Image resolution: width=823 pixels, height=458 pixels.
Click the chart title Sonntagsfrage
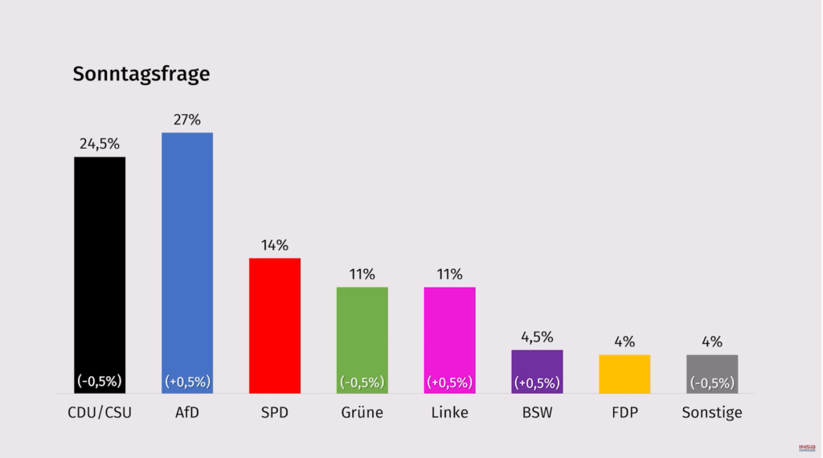(141, 74)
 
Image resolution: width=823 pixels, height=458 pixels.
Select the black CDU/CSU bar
(100, 265)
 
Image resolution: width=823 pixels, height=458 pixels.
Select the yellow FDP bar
(624, 374)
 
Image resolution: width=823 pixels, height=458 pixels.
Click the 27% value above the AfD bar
(187, 120)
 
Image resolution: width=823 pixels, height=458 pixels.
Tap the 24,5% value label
(100, 144)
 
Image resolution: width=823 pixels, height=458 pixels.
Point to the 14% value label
(275, 245)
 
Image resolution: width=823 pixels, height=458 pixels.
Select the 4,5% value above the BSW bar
(537, 337)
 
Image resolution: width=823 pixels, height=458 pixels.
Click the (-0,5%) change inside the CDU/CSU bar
(100, 381)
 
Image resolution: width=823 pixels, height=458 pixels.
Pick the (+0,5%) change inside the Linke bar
(449, 382)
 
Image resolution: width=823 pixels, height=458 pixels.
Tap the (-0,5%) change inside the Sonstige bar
(712, 382)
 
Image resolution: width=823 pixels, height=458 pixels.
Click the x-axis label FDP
(624, 413)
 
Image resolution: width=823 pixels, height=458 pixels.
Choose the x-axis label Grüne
(362, 413)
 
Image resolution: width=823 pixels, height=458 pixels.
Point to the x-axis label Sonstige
(712, 413)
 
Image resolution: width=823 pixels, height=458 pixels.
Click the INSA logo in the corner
(807, 448)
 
